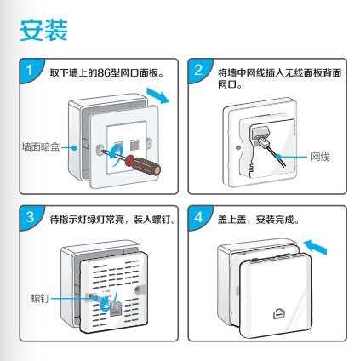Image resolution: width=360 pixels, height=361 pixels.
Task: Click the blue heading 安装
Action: pos(43,30)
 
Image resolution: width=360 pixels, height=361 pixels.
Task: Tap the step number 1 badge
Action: pos(30,70)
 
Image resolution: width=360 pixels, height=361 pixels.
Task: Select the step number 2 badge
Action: pos(198,70)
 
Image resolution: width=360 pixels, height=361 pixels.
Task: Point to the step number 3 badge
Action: pos(30,217)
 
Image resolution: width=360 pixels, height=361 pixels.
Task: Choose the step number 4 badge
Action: pos(198,217)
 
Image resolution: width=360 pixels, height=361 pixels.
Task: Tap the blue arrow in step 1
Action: pos(157,95)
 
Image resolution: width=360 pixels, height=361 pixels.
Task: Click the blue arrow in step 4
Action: pos(315,246)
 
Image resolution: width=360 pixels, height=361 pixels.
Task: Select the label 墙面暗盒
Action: pos(41,146)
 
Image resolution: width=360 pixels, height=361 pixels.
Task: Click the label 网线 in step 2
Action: pos(320,157)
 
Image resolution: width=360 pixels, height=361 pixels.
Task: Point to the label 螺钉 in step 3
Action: pos(40,299)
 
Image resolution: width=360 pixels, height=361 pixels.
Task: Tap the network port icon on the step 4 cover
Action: pos(279,313)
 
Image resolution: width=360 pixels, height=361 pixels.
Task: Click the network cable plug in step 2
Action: pos(261,140)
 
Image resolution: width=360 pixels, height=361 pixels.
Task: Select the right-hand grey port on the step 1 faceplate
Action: pos(134,145)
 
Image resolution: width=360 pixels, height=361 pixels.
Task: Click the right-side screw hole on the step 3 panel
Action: pos(139,289)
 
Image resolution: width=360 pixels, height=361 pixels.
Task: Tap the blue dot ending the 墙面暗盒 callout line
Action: pos(74,147)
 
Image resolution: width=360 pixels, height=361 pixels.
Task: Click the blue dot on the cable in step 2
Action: pos(279,157)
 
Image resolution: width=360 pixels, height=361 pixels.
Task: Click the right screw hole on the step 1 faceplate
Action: pos(150,143)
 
